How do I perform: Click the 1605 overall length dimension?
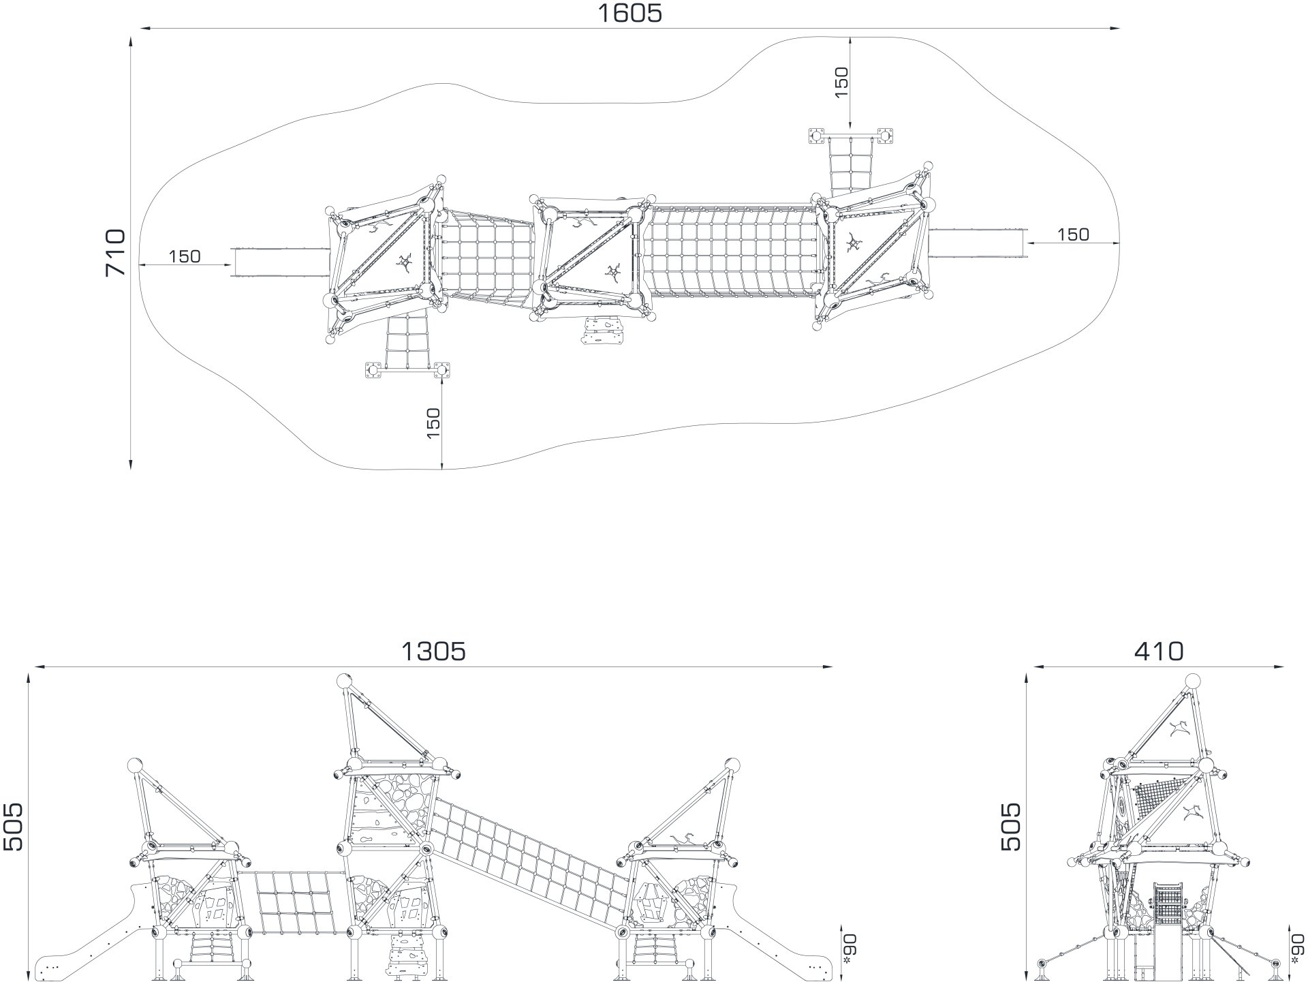629,13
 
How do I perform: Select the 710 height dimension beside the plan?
116,252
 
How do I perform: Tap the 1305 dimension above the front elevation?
433,651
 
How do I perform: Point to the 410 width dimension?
1159,651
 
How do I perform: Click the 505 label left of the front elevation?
13,826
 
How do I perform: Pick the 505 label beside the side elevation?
1011,826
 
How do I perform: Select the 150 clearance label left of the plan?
185,256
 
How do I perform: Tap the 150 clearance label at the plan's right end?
1073,234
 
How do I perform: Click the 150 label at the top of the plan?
841,82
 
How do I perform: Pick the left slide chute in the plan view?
281,262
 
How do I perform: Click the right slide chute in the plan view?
977,243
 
